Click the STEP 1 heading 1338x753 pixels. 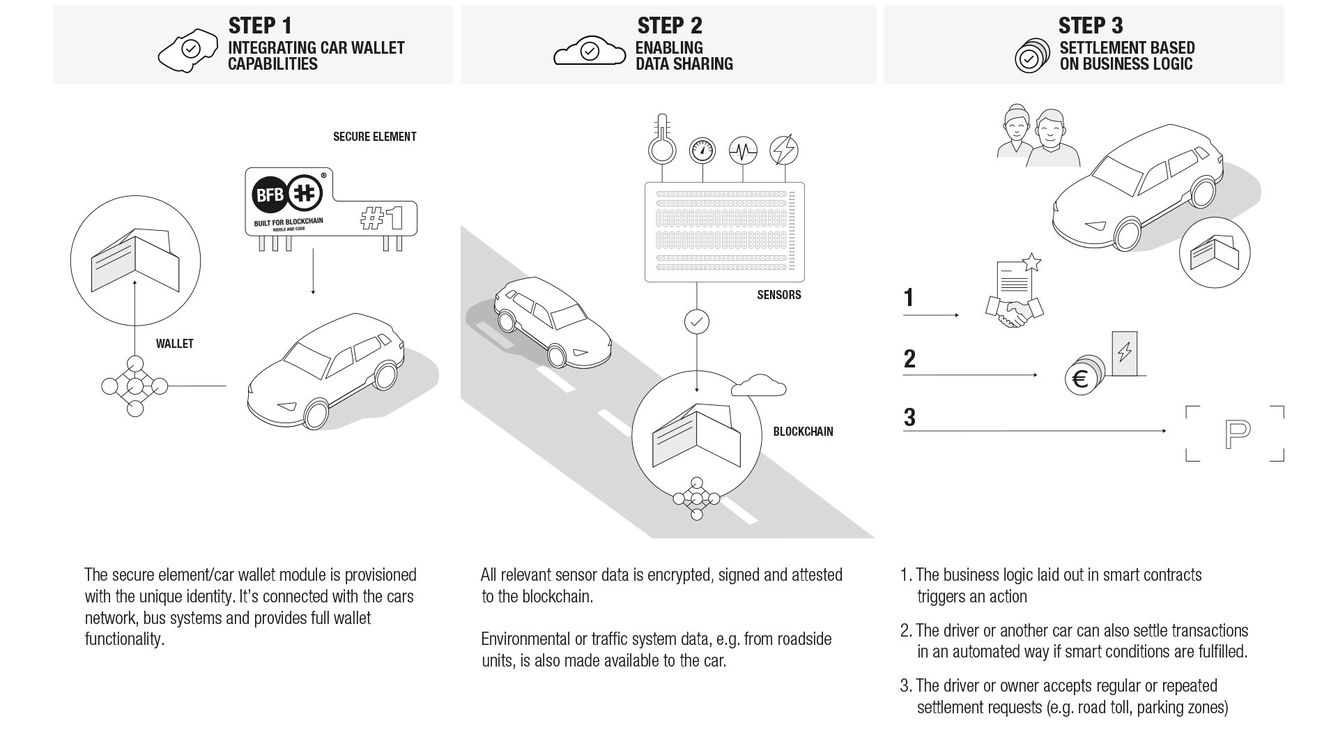[x=260, y=26]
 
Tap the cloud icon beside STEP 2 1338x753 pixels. [x=590, y=51]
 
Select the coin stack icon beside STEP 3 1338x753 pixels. [x=1032, y=56]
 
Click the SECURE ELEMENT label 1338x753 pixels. [x=374, y=137]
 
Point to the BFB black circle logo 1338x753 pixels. [x=269, y=194]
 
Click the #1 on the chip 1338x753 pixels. [x=381, y=219]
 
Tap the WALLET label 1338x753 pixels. [x=174, y=344]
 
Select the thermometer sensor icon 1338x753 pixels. [x=661, y=140]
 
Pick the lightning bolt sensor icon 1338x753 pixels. [x=783, y=150]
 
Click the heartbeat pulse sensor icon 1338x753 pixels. [x=743, y=150]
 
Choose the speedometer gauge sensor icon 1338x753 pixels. [x=702, y=150]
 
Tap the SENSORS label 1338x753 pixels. [x=778, y=295]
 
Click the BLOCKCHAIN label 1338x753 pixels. [x=803, y=432]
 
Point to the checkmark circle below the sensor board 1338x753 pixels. [x=697, y=321]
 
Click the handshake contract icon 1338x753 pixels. [x=1014, y=300]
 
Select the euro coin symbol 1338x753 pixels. [x=1081, y=379]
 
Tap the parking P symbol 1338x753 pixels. [x=1236, y=434]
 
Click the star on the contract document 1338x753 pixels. [x=1032, y=263]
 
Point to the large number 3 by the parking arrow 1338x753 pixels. [x=909, y=418]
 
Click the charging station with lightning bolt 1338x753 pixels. [x=1124, y=353]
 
